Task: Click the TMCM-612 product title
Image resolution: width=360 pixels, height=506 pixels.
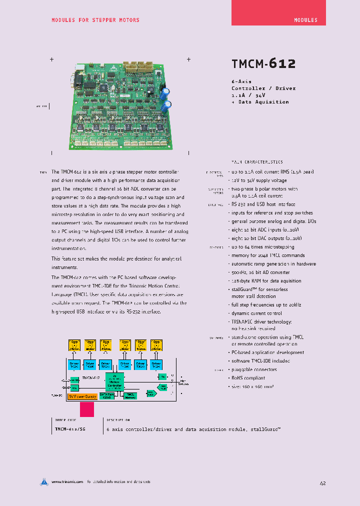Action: (x=263, y=63)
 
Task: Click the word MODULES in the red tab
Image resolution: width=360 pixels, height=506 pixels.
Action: (x=305, y=20)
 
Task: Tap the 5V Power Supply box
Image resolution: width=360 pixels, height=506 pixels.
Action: (x=83, y=396)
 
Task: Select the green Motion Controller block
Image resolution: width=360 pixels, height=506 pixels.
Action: (x=115, y=382)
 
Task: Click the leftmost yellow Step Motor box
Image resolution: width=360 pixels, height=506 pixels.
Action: (x=74, y=345)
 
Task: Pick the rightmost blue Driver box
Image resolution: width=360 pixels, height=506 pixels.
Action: (x=156, y=364)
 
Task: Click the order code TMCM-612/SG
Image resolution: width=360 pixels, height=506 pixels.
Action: (x=69, y=429)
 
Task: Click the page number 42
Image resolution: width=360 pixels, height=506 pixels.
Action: (x=323, y=483)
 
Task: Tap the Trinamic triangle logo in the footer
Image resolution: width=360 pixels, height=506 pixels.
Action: (x=44, y=482)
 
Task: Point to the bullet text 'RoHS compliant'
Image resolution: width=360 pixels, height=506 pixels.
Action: (x=248, y=378)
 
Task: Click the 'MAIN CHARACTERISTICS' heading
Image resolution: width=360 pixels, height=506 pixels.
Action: (x=256, y=162)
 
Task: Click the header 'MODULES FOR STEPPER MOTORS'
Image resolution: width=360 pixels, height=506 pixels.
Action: (x=95, y=20)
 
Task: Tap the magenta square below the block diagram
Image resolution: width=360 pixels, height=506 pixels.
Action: (x=87, y=409)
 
